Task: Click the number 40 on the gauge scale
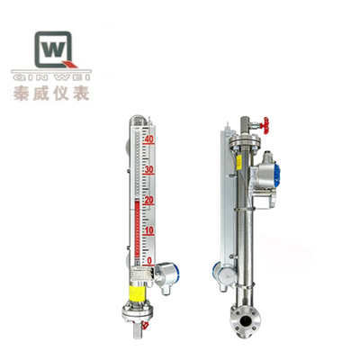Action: [149, 139]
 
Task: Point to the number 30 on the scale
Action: [149, 169]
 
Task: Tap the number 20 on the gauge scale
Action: [149, 200]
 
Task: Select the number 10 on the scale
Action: [149, 230]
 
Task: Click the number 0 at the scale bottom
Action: [149, 260]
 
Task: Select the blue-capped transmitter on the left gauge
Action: [166, 271]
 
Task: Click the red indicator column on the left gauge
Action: [137, 234]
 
